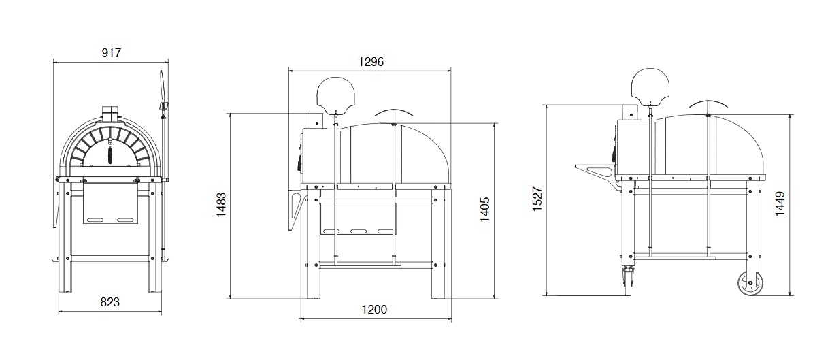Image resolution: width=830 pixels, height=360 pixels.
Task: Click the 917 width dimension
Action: click(111, 53)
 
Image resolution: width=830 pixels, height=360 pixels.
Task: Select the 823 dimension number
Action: click(110, 302)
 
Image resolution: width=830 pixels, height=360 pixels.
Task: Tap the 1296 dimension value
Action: click(371, 61)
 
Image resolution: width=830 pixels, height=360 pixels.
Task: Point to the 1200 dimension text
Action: click(374, 309)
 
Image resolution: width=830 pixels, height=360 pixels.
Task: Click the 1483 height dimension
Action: click(221, 205)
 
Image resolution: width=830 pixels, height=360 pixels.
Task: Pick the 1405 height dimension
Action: click(484, 210)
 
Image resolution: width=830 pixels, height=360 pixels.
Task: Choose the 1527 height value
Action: click(537, 199)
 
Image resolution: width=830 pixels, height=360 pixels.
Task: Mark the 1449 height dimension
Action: click(780, 203)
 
